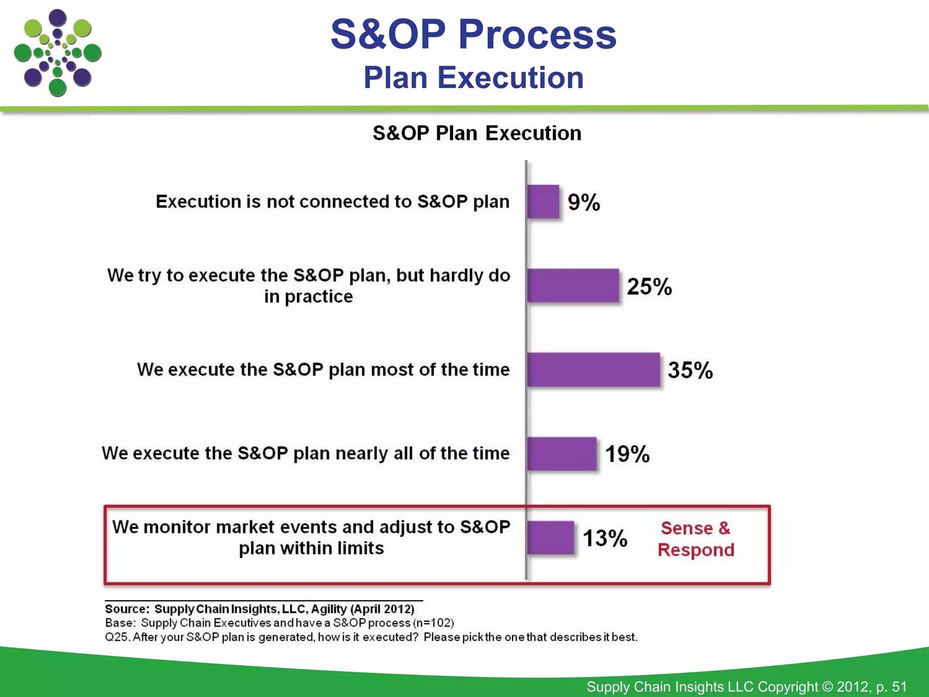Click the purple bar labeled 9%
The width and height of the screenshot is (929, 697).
543,201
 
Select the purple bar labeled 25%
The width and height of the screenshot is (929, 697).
573,285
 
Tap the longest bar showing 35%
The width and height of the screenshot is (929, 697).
593,369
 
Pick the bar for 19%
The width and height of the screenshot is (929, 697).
562,453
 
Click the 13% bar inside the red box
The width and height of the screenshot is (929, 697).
551,538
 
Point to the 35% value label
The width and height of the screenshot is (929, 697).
690,370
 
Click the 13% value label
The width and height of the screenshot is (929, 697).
605,538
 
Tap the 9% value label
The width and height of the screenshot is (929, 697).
584,202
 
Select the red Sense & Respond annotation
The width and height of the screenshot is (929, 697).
696,539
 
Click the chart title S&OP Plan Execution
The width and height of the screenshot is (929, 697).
477,133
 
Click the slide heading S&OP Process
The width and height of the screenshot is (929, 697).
473,34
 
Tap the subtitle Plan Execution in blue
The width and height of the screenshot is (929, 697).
473,78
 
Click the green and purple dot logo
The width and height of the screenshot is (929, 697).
58,53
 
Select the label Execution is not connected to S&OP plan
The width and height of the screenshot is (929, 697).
332,201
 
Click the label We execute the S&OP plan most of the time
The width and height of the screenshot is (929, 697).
323,369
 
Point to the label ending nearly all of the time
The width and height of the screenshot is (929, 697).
306,453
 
